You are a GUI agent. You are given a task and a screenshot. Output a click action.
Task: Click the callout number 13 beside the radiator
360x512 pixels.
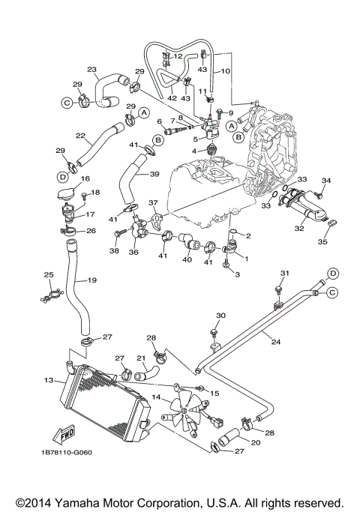[49, 381]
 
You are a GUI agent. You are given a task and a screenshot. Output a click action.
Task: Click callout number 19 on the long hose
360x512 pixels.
[91, 280]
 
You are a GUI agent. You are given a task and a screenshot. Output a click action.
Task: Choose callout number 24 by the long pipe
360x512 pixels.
[275, 342]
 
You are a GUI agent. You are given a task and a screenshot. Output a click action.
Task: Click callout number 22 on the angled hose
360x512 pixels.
[81, 135]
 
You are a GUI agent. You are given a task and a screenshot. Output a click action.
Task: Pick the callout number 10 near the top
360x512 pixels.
[225, 71]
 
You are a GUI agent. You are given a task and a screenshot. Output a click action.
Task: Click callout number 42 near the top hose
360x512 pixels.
[172, 97]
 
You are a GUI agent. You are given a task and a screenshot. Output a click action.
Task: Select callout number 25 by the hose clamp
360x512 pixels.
[49, 276]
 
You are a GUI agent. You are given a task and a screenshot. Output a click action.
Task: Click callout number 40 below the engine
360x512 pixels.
[187, 259]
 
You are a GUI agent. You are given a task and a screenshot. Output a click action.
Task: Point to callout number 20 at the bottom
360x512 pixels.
[235, 444]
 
